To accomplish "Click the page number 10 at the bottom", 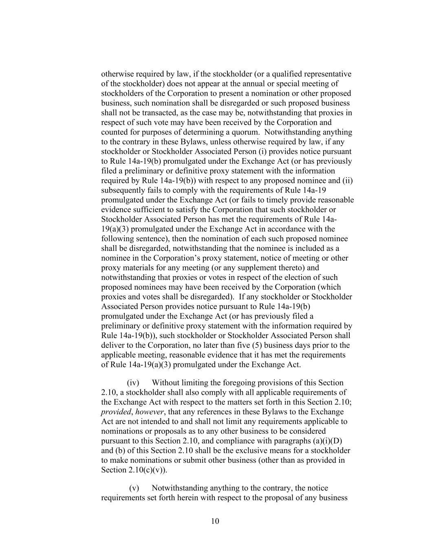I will [x=215, y=521].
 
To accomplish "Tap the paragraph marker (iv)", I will [x=133, y=383].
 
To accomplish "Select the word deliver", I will [x=112, y=345].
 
